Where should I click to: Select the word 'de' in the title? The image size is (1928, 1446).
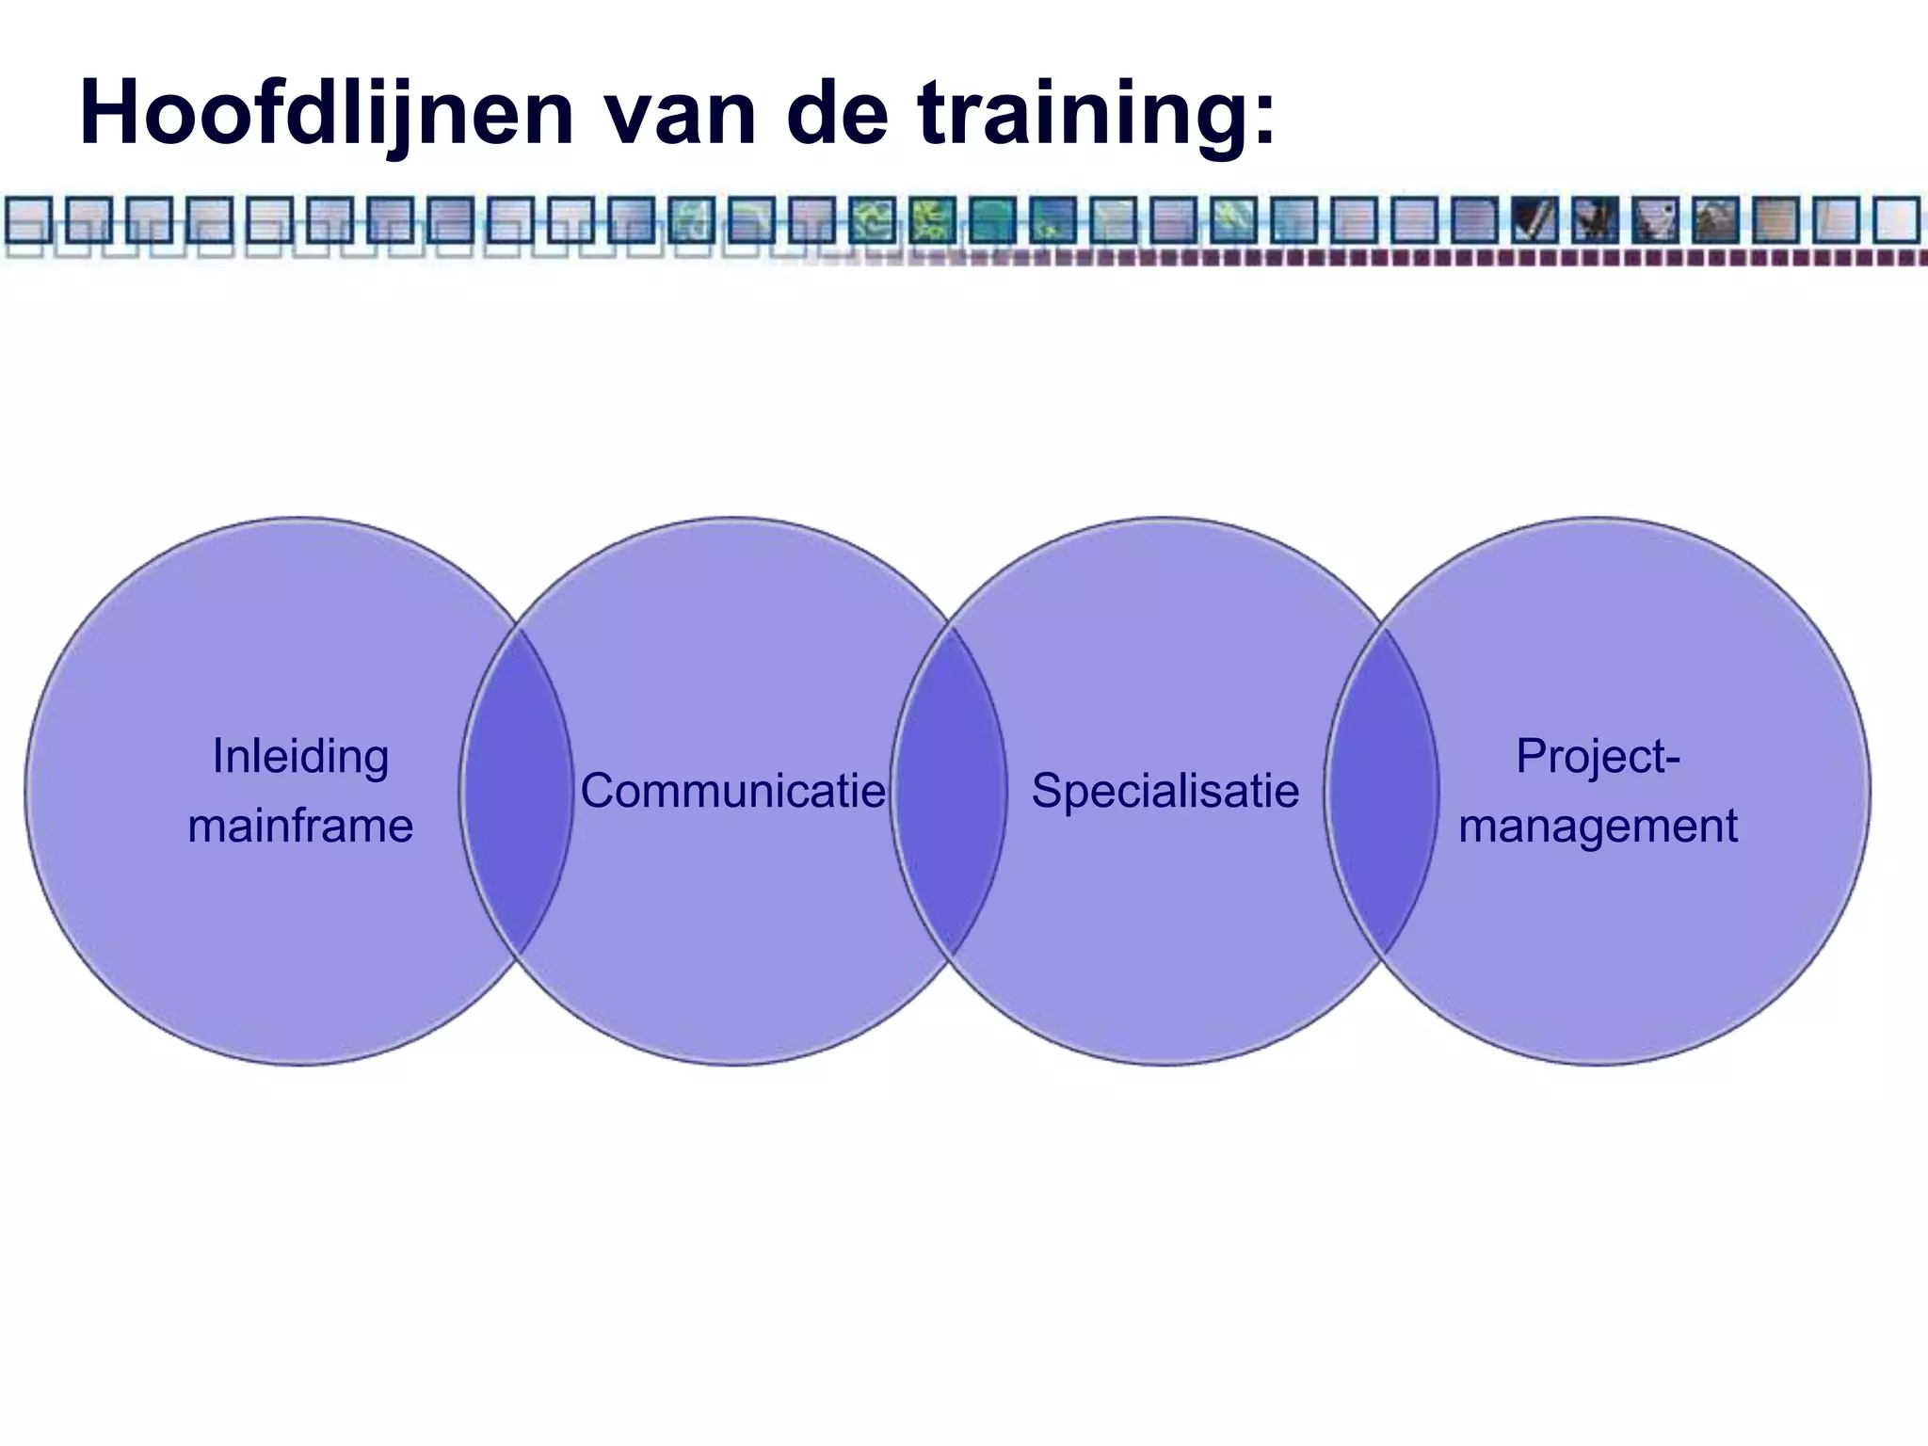(x=837, y=115)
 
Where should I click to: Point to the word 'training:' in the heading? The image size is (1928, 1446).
(x=1097, y=115)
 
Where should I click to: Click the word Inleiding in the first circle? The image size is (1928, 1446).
(x=300, y=757)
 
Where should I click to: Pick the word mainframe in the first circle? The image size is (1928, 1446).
(x=300, y=827)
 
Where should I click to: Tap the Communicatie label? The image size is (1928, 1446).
(x=732, y=791)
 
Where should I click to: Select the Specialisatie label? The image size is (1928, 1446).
(x=1165, y=791)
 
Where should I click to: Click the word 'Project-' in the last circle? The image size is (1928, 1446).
(x=1598, y=757)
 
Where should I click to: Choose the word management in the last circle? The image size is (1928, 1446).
(x=1598, y=827)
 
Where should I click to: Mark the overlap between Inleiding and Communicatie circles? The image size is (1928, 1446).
(x=517, y=791)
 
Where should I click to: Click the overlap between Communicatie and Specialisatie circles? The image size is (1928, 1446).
(x=949, y=791)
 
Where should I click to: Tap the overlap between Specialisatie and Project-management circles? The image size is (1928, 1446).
(x=1382, y=791)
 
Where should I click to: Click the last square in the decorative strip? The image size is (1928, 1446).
(x=1895, y=220)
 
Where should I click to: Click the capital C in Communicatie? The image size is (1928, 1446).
(x=599, y=791)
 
